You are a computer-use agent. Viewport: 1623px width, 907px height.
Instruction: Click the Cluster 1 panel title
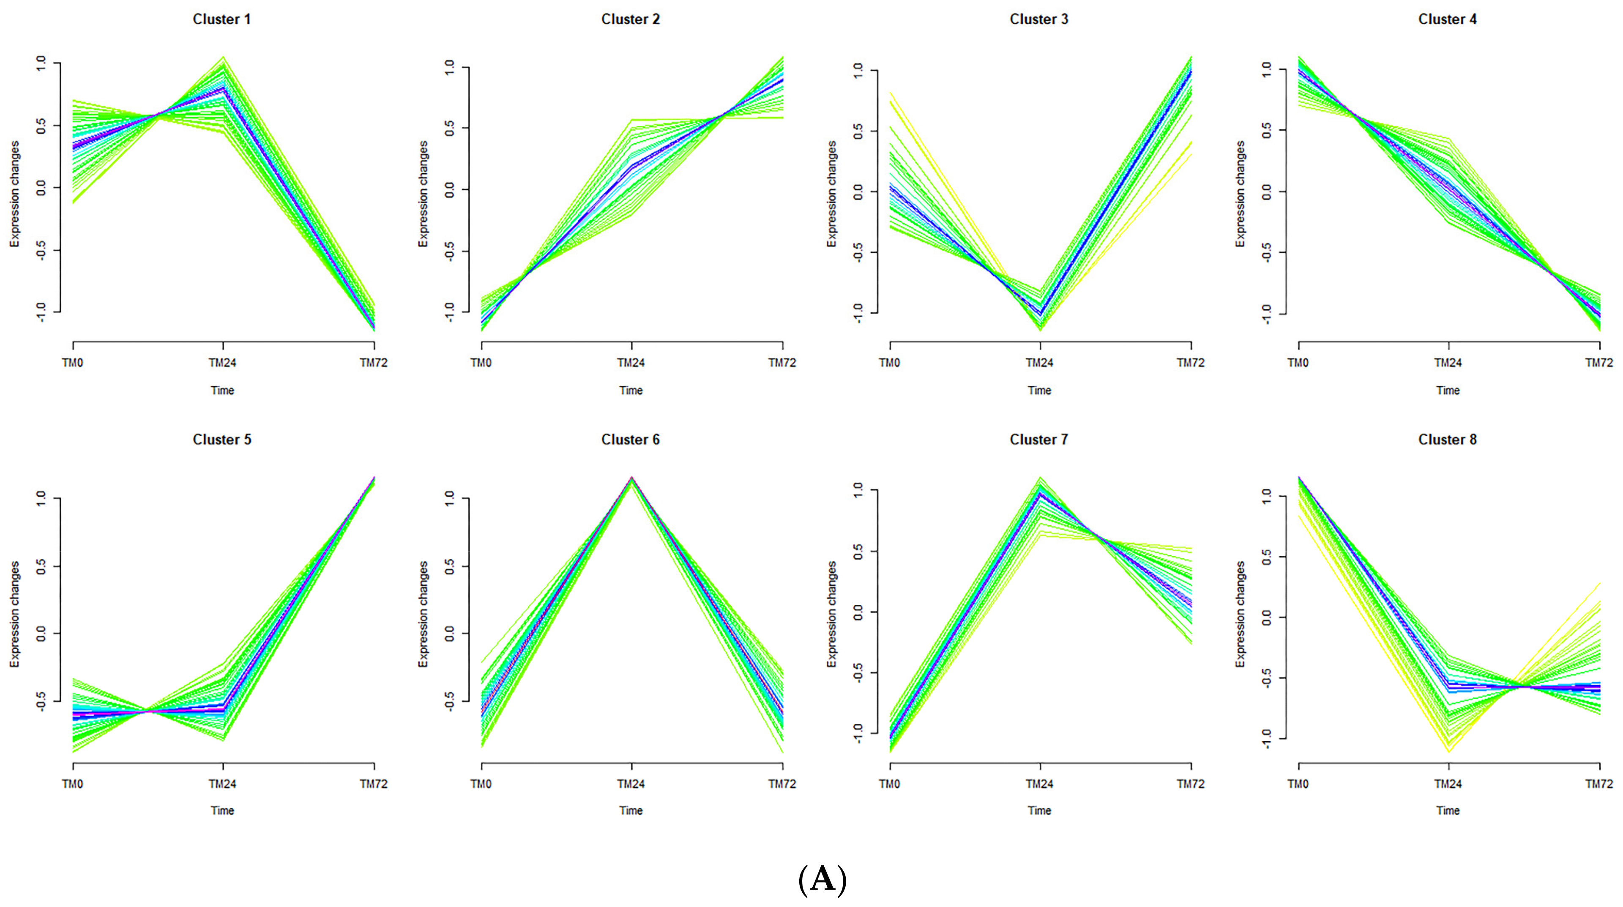[x=222, y=19]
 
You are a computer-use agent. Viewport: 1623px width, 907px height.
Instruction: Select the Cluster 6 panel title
[x=630, y=440]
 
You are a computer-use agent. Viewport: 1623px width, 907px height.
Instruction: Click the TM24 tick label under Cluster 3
[x=1040, y=363]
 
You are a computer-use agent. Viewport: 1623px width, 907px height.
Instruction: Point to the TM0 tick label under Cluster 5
[x=73, y=784]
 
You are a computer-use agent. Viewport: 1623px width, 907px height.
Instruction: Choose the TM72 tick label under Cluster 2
[x=782, y=363]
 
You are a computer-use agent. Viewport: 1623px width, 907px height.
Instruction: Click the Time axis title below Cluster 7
[x=1040, y=811]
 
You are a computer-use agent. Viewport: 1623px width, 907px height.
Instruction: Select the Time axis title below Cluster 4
[x=1448, y=391]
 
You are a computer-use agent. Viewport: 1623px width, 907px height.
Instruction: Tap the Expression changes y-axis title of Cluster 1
[x=14, y=194]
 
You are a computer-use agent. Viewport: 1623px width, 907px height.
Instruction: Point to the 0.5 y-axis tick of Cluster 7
[x=858, y=551]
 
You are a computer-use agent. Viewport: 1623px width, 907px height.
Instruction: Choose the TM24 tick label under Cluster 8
[x=1448, y=784]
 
